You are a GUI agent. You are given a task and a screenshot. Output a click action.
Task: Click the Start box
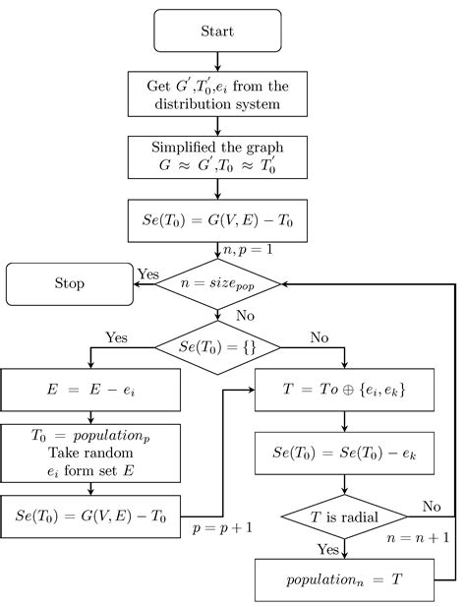click(217, 30)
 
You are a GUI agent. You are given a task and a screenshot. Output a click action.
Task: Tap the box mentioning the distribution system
click(217, 93)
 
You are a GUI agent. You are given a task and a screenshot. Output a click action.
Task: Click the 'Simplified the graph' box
click(217, 155)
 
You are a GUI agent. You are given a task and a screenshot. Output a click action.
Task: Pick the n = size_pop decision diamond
click(218, 283)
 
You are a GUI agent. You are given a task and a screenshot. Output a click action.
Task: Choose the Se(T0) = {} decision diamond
click(217, 346)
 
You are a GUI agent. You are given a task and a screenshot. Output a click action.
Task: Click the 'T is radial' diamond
click(344, 516)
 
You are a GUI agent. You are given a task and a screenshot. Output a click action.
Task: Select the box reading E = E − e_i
click(90, 389)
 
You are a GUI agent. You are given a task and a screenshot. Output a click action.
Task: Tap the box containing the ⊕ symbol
click(344, 389)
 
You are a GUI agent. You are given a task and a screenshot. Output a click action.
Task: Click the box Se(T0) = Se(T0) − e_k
click(344, 454)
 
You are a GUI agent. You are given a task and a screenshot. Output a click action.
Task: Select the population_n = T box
click(344, 579)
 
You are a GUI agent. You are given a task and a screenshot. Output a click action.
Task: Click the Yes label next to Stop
click(147, 273)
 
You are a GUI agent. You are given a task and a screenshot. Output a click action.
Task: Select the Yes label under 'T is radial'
click(327, 548)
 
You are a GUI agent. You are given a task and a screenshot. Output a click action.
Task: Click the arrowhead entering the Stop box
click(138, 283)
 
